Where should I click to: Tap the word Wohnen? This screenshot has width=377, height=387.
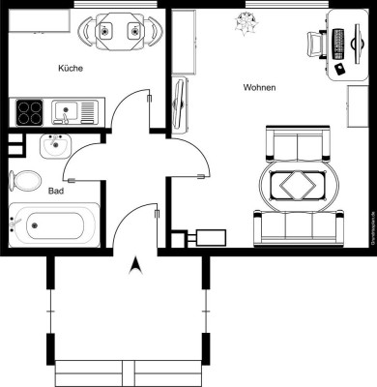[259, 88]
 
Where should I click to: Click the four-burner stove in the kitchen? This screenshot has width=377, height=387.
[28, 111]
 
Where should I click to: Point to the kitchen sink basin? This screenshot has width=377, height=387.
[66, 111]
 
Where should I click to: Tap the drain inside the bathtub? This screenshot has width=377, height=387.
[32, 228]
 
